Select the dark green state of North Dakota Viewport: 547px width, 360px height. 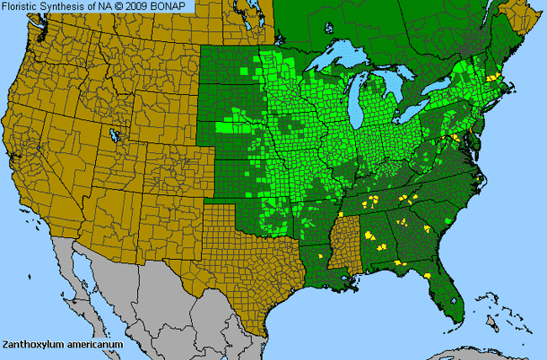click(231, 67)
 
